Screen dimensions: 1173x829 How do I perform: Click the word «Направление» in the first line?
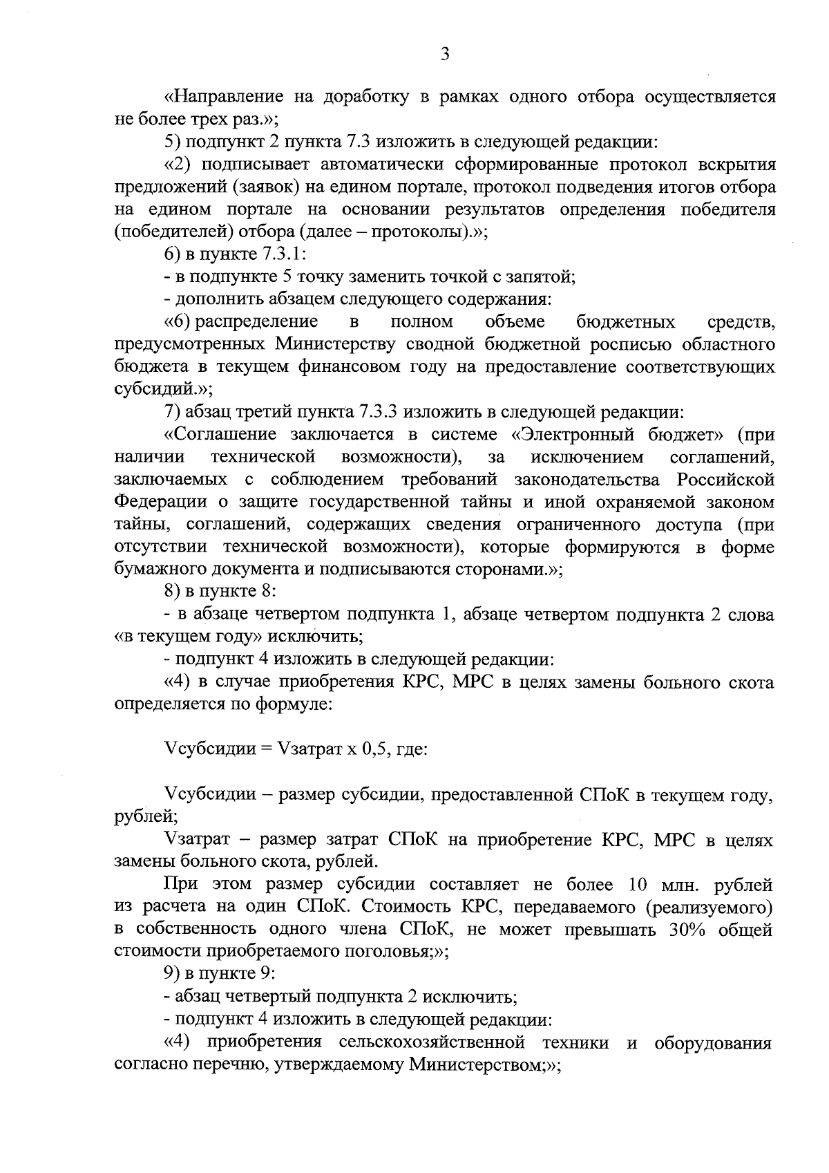pos(223,97)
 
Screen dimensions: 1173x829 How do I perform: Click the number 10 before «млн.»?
pos(638,885)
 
